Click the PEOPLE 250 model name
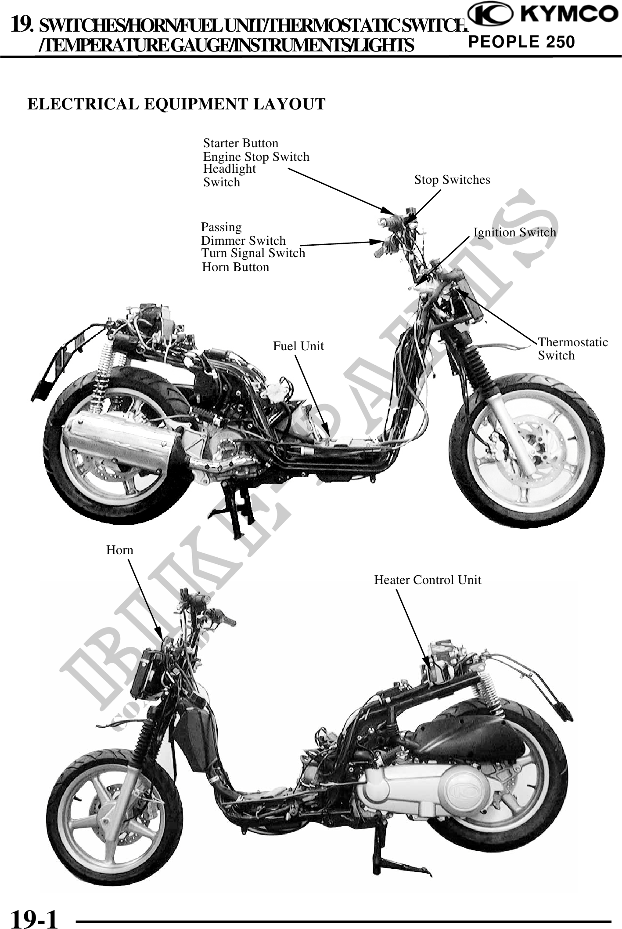tap(521, 42)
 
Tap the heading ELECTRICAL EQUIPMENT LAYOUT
tap(176, 104)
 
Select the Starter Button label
tap(241, 143)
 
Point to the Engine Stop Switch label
tap(256, 156)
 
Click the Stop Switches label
tap(452, 179)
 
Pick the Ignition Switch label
tap(514, 232)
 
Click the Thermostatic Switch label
tap(572, 348)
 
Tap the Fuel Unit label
tap(298, 346)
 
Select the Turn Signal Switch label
tap(253, 253)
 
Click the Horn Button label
tap(235, 267)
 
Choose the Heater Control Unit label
tap(428, 580)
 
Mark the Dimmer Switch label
tap(243, 241)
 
